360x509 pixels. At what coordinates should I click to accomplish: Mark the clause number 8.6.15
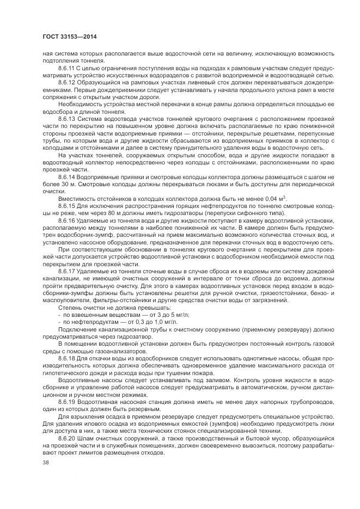click(68, 205)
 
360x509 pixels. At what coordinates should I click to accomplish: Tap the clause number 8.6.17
click(68, 271)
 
